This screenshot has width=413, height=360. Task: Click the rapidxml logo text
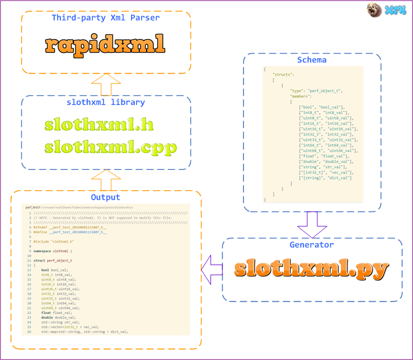tap(105, 44)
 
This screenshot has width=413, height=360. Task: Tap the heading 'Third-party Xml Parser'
tap(105, 18)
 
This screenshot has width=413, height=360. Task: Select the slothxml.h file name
tap(100, 124)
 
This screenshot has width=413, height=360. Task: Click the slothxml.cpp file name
tap(111, 147)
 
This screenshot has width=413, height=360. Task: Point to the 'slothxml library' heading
tap(105, 102)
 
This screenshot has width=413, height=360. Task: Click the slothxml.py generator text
tap(311, 269)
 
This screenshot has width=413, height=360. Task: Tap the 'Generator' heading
tap(312, 245)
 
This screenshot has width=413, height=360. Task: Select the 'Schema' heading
tap(312, 60)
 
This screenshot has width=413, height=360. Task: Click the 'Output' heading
tap(105, 197)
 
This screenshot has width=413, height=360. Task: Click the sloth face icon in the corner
tap(374, 10)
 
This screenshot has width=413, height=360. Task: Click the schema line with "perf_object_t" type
tap(316, 91)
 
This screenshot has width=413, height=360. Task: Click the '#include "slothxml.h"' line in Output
tap(54, 241)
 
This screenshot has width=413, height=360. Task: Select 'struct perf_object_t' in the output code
tap(53, 260)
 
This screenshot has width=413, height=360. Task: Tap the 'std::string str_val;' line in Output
tap(60, 322)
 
